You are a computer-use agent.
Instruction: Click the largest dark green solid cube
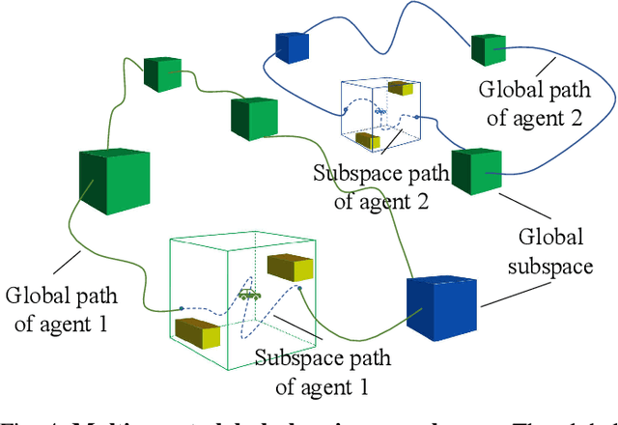pos(113,184)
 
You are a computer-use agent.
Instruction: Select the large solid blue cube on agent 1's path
pos(441,308)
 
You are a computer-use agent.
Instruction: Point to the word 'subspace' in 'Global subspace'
pos(551,266)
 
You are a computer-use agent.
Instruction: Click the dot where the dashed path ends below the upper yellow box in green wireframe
pos(299,288)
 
